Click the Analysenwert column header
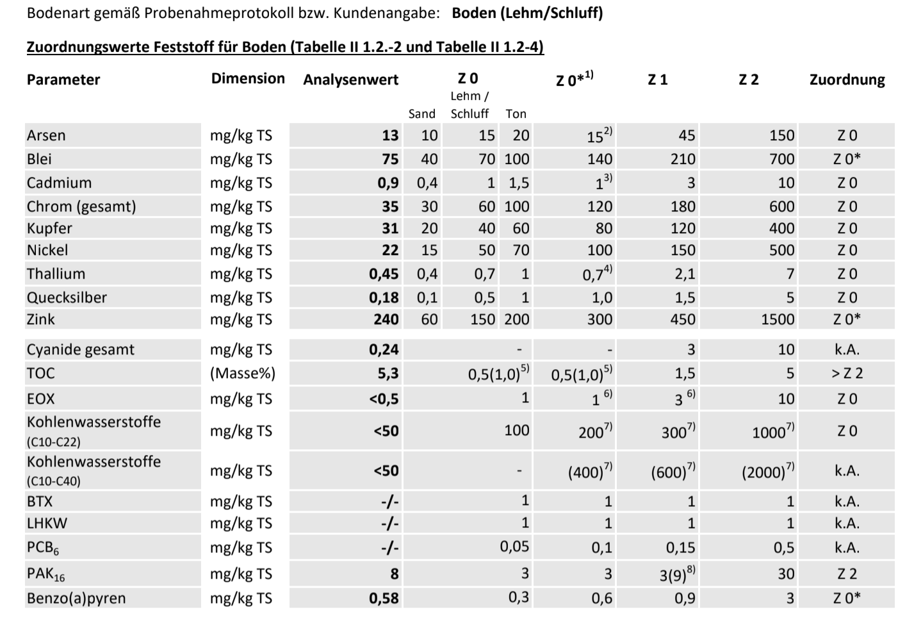pyautogui.click(x=351, y=79)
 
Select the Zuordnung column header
pyautogui.click(x=847, y=79)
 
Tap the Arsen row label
pyautogui.click(x=46, y=135)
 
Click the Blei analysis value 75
pyautogui.click(x=390, y=159)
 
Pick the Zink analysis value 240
pyautogui.click(x=386, y=319)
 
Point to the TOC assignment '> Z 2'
pyautogui.click(x=847, y=373)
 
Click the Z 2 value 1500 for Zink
pyautogui.click(x=778, y=319)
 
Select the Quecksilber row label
pyautogui.click(x=67, y=297)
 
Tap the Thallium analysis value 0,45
pyautogui.click(x=384, y=274)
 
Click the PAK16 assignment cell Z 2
pyautogui.click(x=847, y=574)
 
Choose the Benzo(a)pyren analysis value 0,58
pyautogui.click(x=384, y=598)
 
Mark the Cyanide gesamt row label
pyautogui.click(x=81, y=349)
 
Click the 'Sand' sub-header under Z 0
pyautogui.click(x=421, y=114)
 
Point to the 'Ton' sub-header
pyautogui.click(x=516, y=114)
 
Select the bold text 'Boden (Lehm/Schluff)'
pyautogui.click(x=527, y=13)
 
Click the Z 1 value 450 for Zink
pyautogui.click(x=683, y=319)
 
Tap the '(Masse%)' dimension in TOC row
pyautogui.click(x=243, y=373)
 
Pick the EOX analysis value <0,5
pyautogui.click(x=384, y=399)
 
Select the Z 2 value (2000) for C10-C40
pyautogui.click(x=768, y=470)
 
